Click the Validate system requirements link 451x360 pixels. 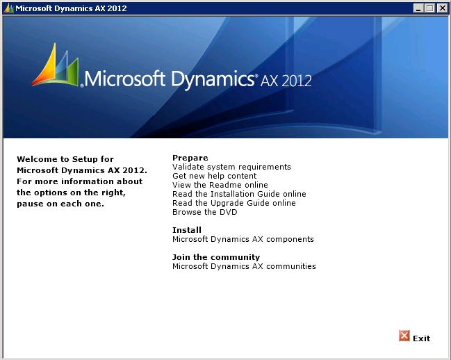point(231,167)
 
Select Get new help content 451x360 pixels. point(214,176)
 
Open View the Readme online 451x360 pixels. point(220,185)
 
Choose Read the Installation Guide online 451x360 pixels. point(239,194)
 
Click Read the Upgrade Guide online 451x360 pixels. point(233,203)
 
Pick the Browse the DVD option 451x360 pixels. point(204,212)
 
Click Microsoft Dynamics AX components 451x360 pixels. point(243,239)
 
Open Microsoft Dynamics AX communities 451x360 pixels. point(244,266)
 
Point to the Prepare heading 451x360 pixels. point(190,158)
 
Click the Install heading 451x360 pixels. point(187,230)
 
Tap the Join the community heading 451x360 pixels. point(216,257)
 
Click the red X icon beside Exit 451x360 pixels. point(404,336)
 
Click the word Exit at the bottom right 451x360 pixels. point(421,338)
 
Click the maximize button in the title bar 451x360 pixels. point(429,8)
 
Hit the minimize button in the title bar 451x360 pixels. point(418,8)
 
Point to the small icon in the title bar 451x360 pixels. point(8,8)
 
